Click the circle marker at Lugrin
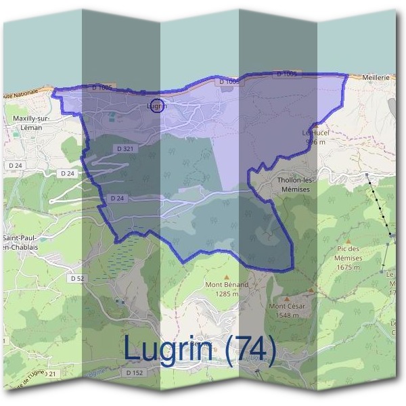click(156, 106)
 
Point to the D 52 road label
click(76, 278)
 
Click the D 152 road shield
click(135, 373)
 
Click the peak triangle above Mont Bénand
click(227, 277)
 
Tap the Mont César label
click(288, 307)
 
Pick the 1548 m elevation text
click(288, 315)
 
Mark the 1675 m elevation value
click(348, 267)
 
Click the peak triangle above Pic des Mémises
click(348, 240)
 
